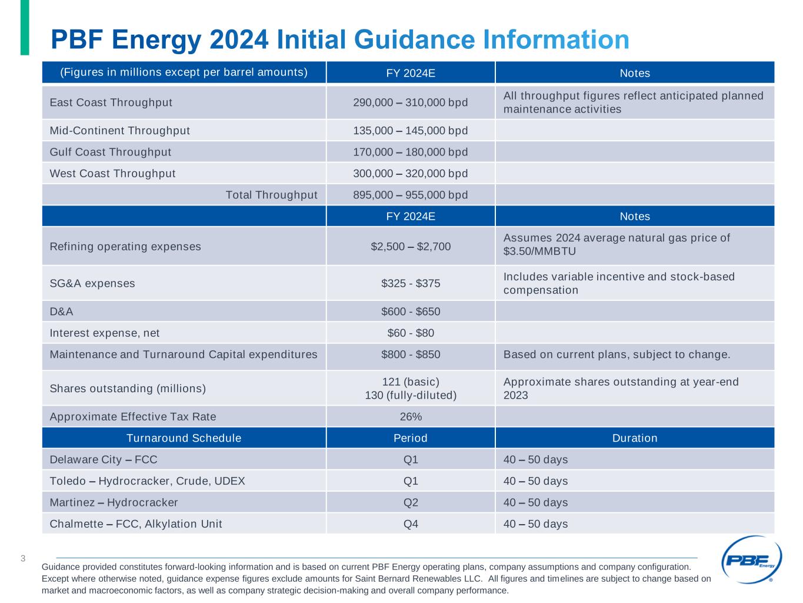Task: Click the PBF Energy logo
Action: tap(751, 560)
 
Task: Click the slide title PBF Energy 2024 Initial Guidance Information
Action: tap(340, 39)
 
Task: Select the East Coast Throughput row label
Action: tap(111, 102)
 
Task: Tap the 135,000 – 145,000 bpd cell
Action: tap(410, 130)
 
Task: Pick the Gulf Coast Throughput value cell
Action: tap(410, 152)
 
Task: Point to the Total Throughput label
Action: tap(271, 195)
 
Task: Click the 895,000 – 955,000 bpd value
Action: tap(410, 195)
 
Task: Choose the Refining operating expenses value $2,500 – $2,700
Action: tap(410, 246)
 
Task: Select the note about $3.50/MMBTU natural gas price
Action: tap(616, 244)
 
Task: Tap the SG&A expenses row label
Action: tap(92, 283)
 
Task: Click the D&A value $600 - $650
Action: tap(410, 311)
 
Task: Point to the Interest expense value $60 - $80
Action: tap(410, 333)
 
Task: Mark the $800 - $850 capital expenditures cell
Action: tap(410, 354)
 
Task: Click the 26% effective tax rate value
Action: tap(410, 416)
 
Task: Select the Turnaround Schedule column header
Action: tap(184, 438)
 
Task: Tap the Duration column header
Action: tap(634, 438)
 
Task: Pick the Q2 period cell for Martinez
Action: tap(410, 502)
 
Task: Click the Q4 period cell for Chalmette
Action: tap(410, 524)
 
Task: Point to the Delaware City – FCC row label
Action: tap(104, 459)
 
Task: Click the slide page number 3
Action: tap(23, 558)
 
